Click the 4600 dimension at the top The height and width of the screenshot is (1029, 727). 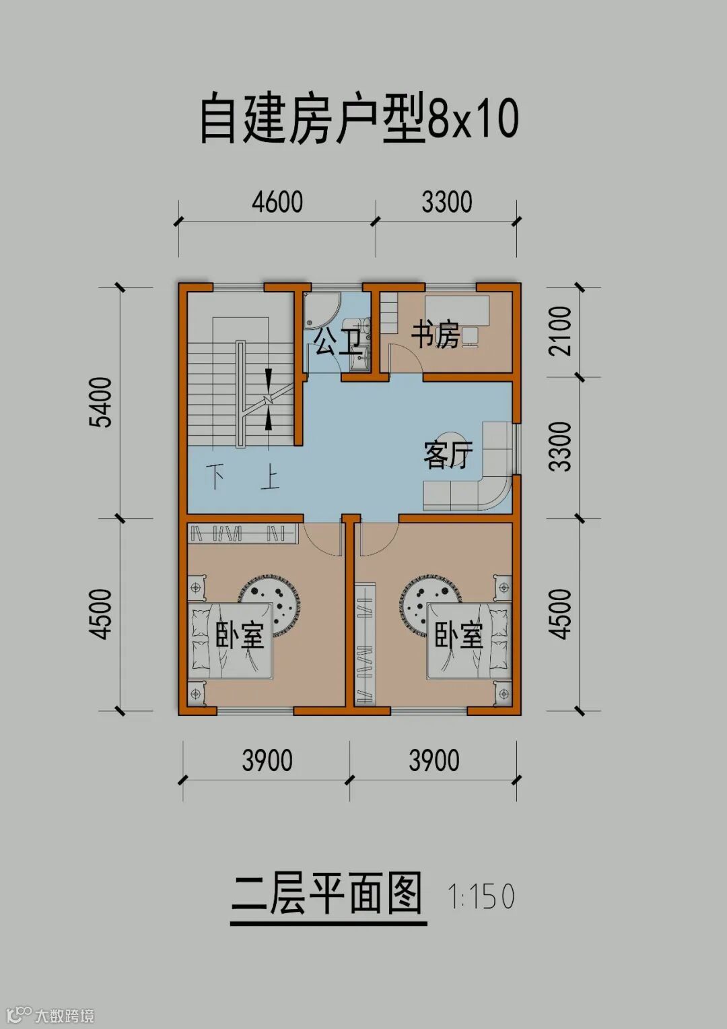click(x=277, y=201)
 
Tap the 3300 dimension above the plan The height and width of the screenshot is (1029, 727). click(x=447, y=201)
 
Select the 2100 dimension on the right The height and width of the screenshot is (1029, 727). click(x=560, y=331)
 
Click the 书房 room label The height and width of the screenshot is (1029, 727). click(x=435, y=336)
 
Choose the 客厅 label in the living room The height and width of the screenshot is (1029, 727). click(x=448, y=455)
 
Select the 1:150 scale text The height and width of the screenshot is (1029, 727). click(x=481, y=896)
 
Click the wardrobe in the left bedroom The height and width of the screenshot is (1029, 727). click(x=244, y=533)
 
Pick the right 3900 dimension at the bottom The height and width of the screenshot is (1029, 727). click(x=434, y=760)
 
